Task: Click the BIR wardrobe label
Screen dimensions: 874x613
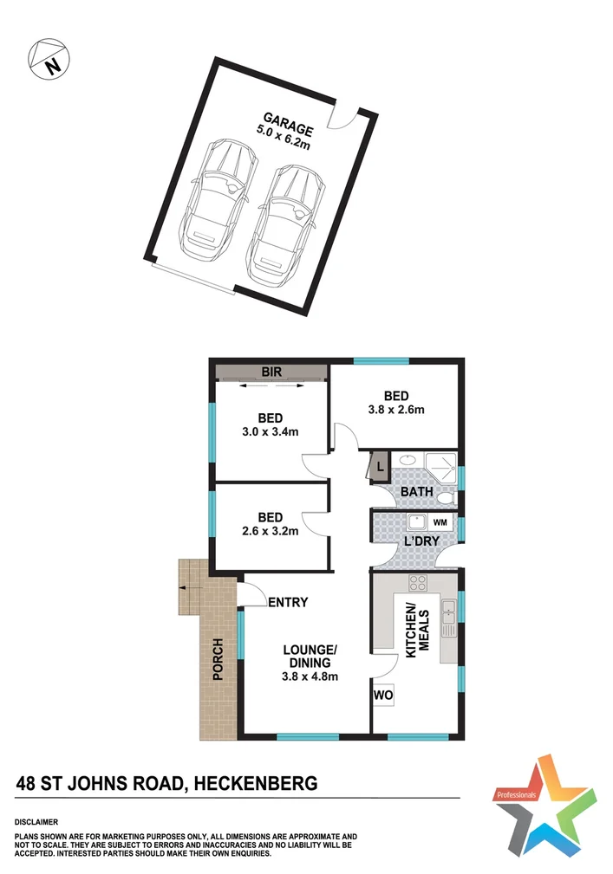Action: coord(271,372)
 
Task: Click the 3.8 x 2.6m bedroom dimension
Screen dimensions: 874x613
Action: coord(395,410)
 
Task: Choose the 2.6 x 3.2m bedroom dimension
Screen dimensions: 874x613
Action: coord(270,530)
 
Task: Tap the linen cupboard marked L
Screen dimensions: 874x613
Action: coord(379,469)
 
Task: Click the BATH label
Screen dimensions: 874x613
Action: coord(415,492)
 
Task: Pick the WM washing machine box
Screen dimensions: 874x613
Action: coord(440,522)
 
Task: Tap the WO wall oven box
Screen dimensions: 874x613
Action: coord(382,695)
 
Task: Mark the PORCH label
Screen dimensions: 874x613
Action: coord(217,659)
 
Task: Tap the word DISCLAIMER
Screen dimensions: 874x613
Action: coord(36,821)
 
